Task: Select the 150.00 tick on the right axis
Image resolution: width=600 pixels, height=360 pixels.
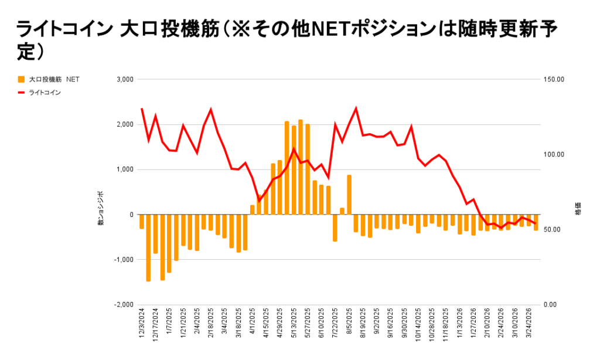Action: click(554, 79)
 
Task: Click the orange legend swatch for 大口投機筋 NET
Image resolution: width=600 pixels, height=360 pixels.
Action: click(22, 79)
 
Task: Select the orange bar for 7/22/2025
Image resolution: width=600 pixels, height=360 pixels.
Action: click(335, 228)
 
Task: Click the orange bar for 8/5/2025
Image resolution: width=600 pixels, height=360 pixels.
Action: click(349, 195)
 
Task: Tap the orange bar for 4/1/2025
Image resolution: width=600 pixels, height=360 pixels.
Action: click(253, 210)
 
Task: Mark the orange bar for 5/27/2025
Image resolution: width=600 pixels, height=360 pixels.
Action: click(308, 169)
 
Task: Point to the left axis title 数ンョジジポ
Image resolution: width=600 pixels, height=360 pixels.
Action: click(101, 209)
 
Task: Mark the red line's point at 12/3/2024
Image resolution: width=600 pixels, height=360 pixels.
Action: click(142, 108)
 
